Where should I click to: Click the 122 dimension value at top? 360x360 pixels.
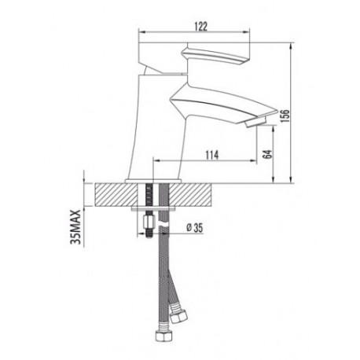coord(201,27)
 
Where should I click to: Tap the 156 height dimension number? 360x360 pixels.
coord(285,116)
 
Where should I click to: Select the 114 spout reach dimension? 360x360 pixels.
coord(211,155)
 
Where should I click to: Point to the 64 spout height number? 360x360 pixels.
coord(267,154)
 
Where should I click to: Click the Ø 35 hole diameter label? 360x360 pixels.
coord(195,228)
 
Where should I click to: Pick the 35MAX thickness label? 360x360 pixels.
coord(75,227)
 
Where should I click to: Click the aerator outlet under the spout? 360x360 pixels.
coord(255,122)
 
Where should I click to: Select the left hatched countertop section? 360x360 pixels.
coord(116,195)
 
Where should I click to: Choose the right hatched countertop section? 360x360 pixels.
coord(189,195)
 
